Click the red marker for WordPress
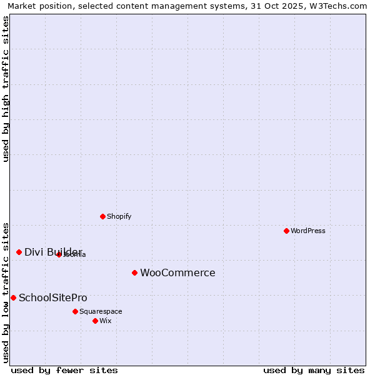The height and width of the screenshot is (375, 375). pyautogui.click(x=286, y=231)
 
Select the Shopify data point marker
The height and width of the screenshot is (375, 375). pyautogui.click(x=102, y=216)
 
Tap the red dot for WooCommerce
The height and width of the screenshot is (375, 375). pyautogui.click(x=134, y=272)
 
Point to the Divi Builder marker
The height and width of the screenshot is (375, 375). pyautogui.click(x=19, y=252)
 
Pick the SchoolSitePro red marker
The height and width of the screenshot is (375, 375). pyautogui.click(x=13, y=297)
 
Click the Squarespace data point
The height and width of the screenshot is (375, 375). pyautogui.click(x=75, y=311)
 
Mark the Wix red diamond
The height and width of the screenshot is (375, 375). pyautogui.click(x=95, y=321)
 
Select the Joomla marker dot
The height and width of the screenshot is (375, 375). pyautogui.click(x=59, y=254)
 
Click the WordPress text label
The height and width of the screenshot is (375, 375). pyautogui.click(x=308, y=231)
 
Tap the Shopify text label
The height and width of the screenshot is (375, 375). pyautogui.click(x=119, y=216)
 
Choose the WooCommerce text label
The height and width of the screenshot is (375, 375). pyautogui.click(x=177, y=272)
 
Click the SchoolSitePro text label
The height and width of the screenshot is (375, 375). pyautogui.click(x=53, y=297)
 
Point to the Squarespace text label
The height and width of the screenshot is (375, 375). pyautogui.click(x=101, y=311)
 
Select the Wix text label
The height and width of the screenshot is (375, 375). pyautogui.click(x=106, y=321)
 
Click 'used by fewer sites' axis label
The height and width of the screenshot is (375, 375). pyautogui.click(x=64, y=370)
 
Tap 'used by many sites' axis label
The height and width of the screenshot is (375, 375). pyautogui.click(x=314, y=370)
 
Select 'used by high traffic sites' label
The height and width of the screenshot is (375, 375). pyautogui.click(x=6, y=89)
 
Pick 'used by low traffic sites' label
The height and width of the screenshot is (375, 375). pyautogui.click(x=6, y=292)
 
